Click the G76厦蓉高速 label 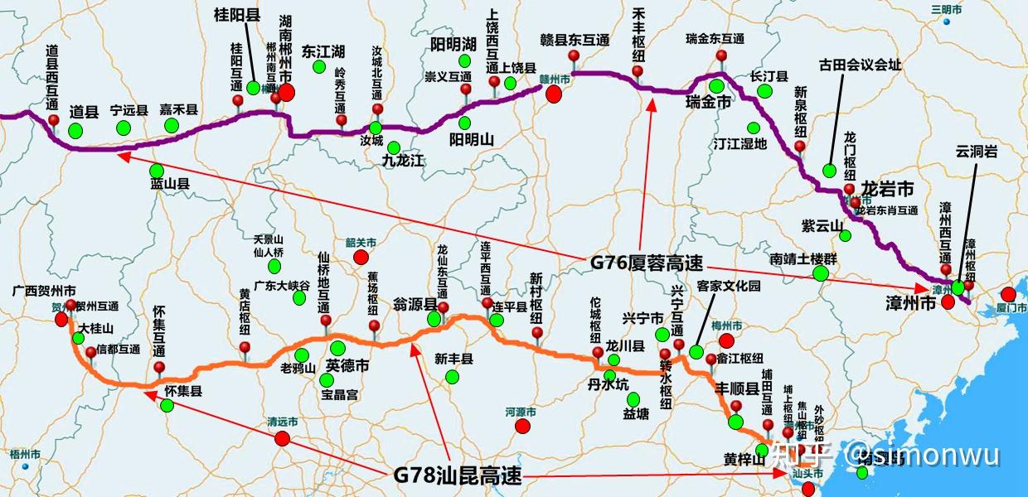[x=646, y=263]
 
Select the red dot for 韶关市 [x=361, y=258]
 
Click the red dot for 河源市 [x=521, y=426]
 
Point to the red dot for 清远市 [x=283, y=439]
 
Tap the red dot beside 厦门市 [x=1008, y=294]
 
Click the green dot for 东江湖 [x=319, y=66]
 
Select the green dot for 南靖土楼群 [x=821, y=273]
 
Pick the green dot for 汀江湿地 [x=754, y=128]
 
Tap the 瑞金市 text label [x=708, y=103]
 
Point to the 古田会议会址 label [x=860, y=64]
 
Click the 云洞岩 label [x=976, y=152]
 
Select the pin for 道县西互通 [x=54, y=120]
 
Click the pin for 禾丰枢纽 [x=638, y=71]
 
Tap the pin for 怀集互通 [x=159, y=368]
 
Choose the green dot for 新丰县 [x=452, y=377]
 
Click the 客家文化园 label [x=729, y=287]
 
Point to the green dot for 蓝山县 [x=157, y=171]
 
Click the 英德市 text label [x=347, y=365]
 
